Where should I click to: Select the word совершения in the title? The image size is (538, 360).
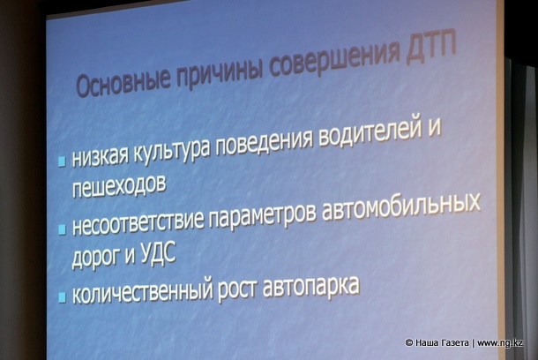(335, 57)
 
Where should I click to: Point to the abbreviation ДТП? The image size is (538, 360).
(431, 49)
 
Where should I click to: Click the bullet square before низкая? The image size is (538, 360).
(62, 161)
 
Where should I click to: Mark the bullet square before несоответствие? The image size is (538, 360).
(62, 229)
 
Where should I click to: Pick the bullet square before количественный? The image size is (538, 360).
(62, 297)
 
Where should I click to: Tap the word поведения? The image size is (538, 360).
(264, 142)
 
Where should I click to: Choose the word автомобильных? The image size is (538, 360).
(400, 210)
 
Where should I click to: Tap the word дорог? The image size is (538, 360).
(96, 257)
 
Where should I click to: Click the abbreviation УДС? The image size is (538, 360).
(158, 253)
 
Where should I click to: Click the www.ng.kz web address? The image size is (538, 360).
(500, 343)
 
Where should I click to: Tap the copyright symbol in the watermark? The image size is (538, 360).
(408, 343)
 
